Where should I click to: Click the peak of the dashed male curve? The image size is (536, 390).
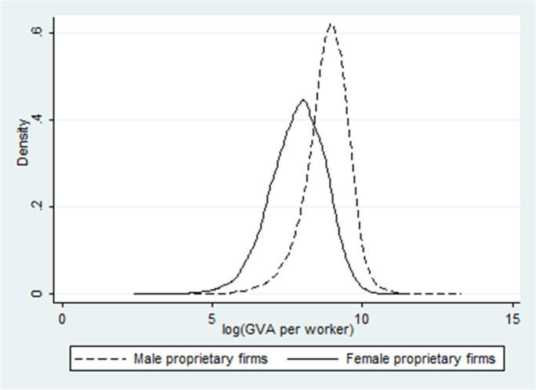pos(331,24)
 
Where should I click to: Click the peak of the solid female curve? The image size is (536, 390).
pos(302,100)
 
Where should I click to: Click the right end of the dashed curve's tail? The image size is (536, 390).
pos(461,294)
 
